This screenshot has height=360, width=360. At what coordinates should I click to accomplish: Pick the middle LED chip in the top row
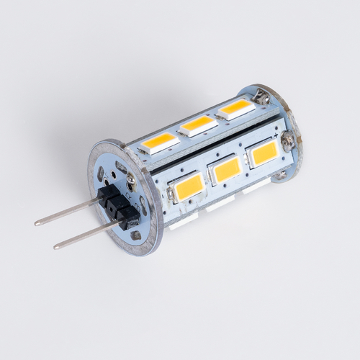(x=199, y=125)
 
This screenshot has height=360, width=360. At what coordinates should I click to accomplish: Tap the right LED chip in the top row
(x=235, y=109)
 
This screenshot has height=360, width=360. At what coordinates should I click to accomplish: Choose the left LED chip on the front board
(x=185, y=188)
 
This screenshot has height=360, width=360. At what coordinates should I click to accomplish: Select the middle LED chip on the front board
(x=227, y=169)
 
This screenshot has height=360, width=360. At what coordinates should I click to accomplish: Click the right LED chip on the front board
(x=265, y=153)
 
